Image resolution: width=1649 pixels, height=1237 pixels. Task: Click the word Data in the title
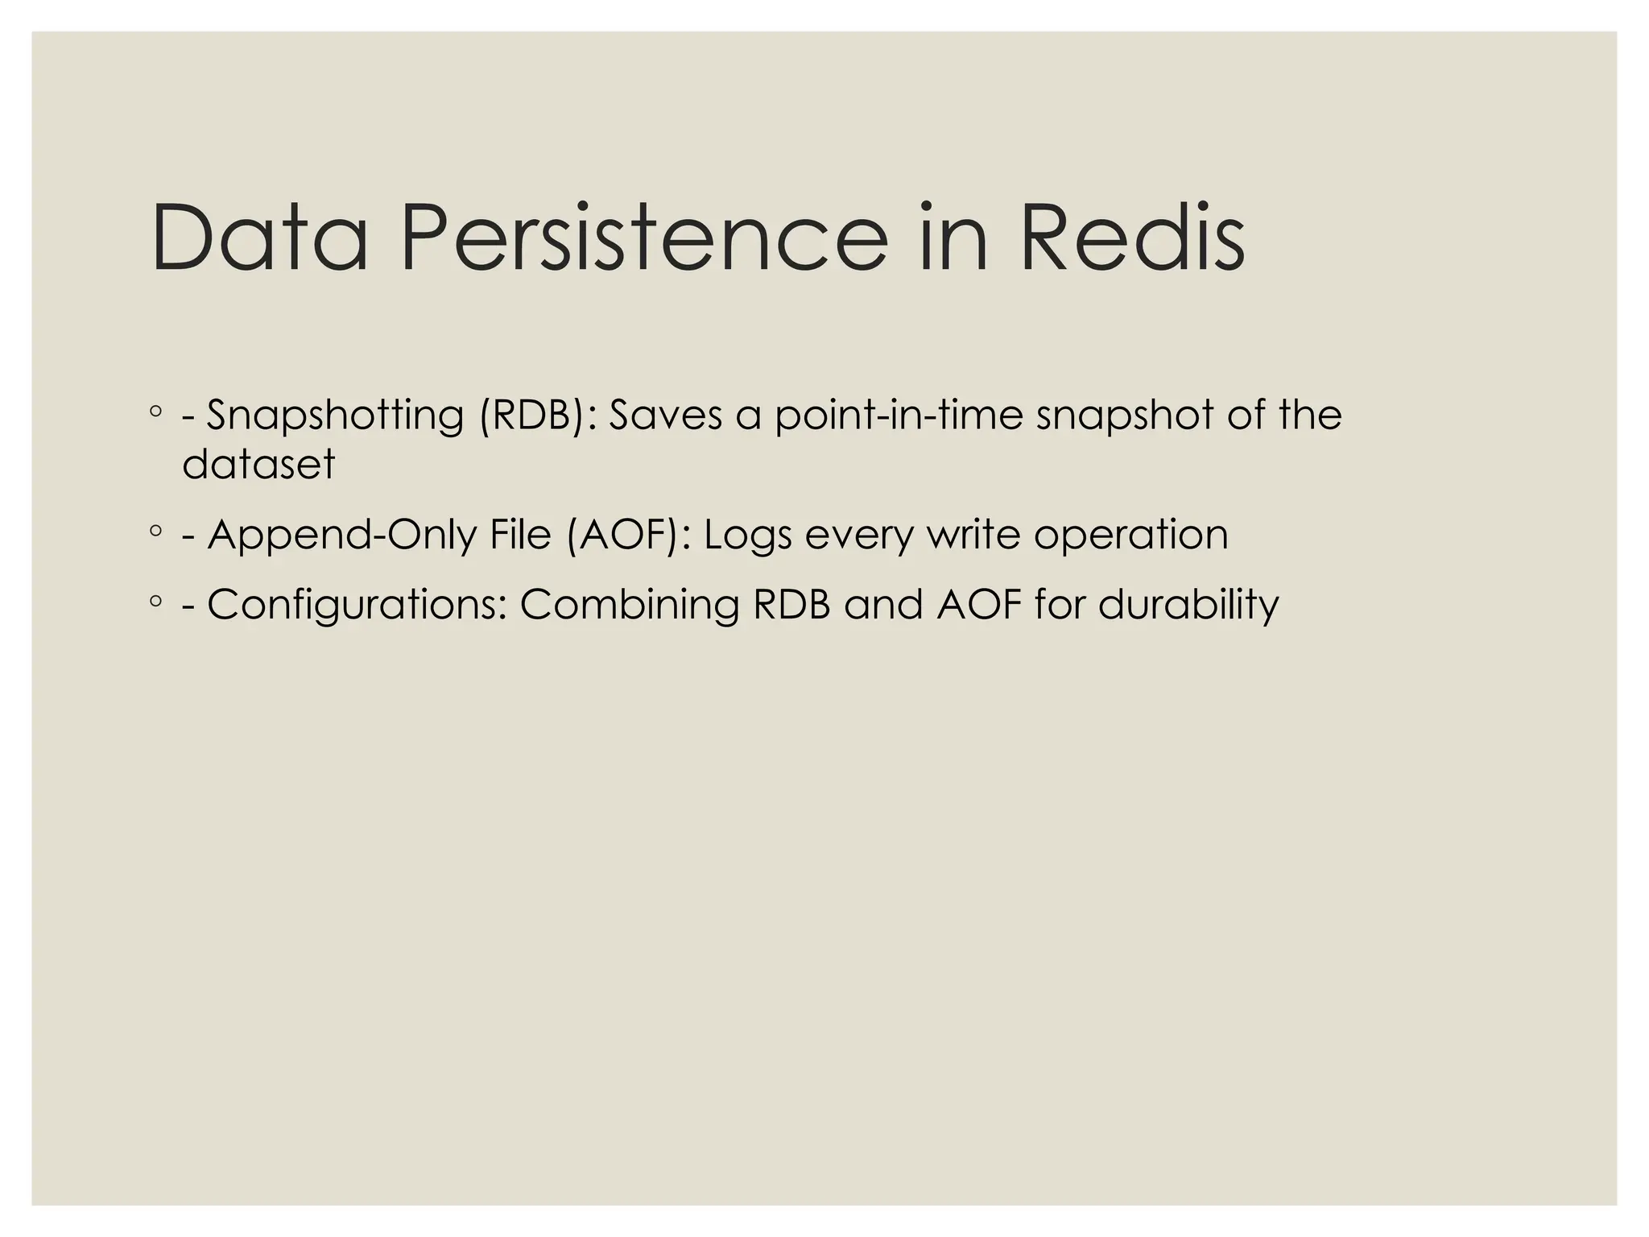(259, 238)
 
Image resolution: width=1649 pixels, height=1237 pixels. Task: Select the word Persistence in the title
(644, 238)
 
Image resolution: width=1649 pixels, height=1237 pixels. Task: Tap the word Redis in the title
(1132, 238)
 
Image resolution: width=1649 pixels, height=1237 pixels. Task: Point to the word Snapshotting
(335, 416)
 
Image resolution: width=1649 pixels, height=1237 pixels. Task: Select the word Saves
(665, 416)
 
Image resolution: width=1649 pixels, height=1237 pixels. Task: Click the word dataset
(258, 465)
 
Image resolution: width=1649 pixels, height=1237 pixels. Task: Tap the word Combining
(629, 606)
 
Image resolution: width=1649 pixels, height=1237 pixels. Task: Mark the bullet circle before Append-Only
(156, 531)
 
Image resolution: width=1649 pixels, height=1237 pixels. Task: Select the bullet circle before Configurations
(156, 601)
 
